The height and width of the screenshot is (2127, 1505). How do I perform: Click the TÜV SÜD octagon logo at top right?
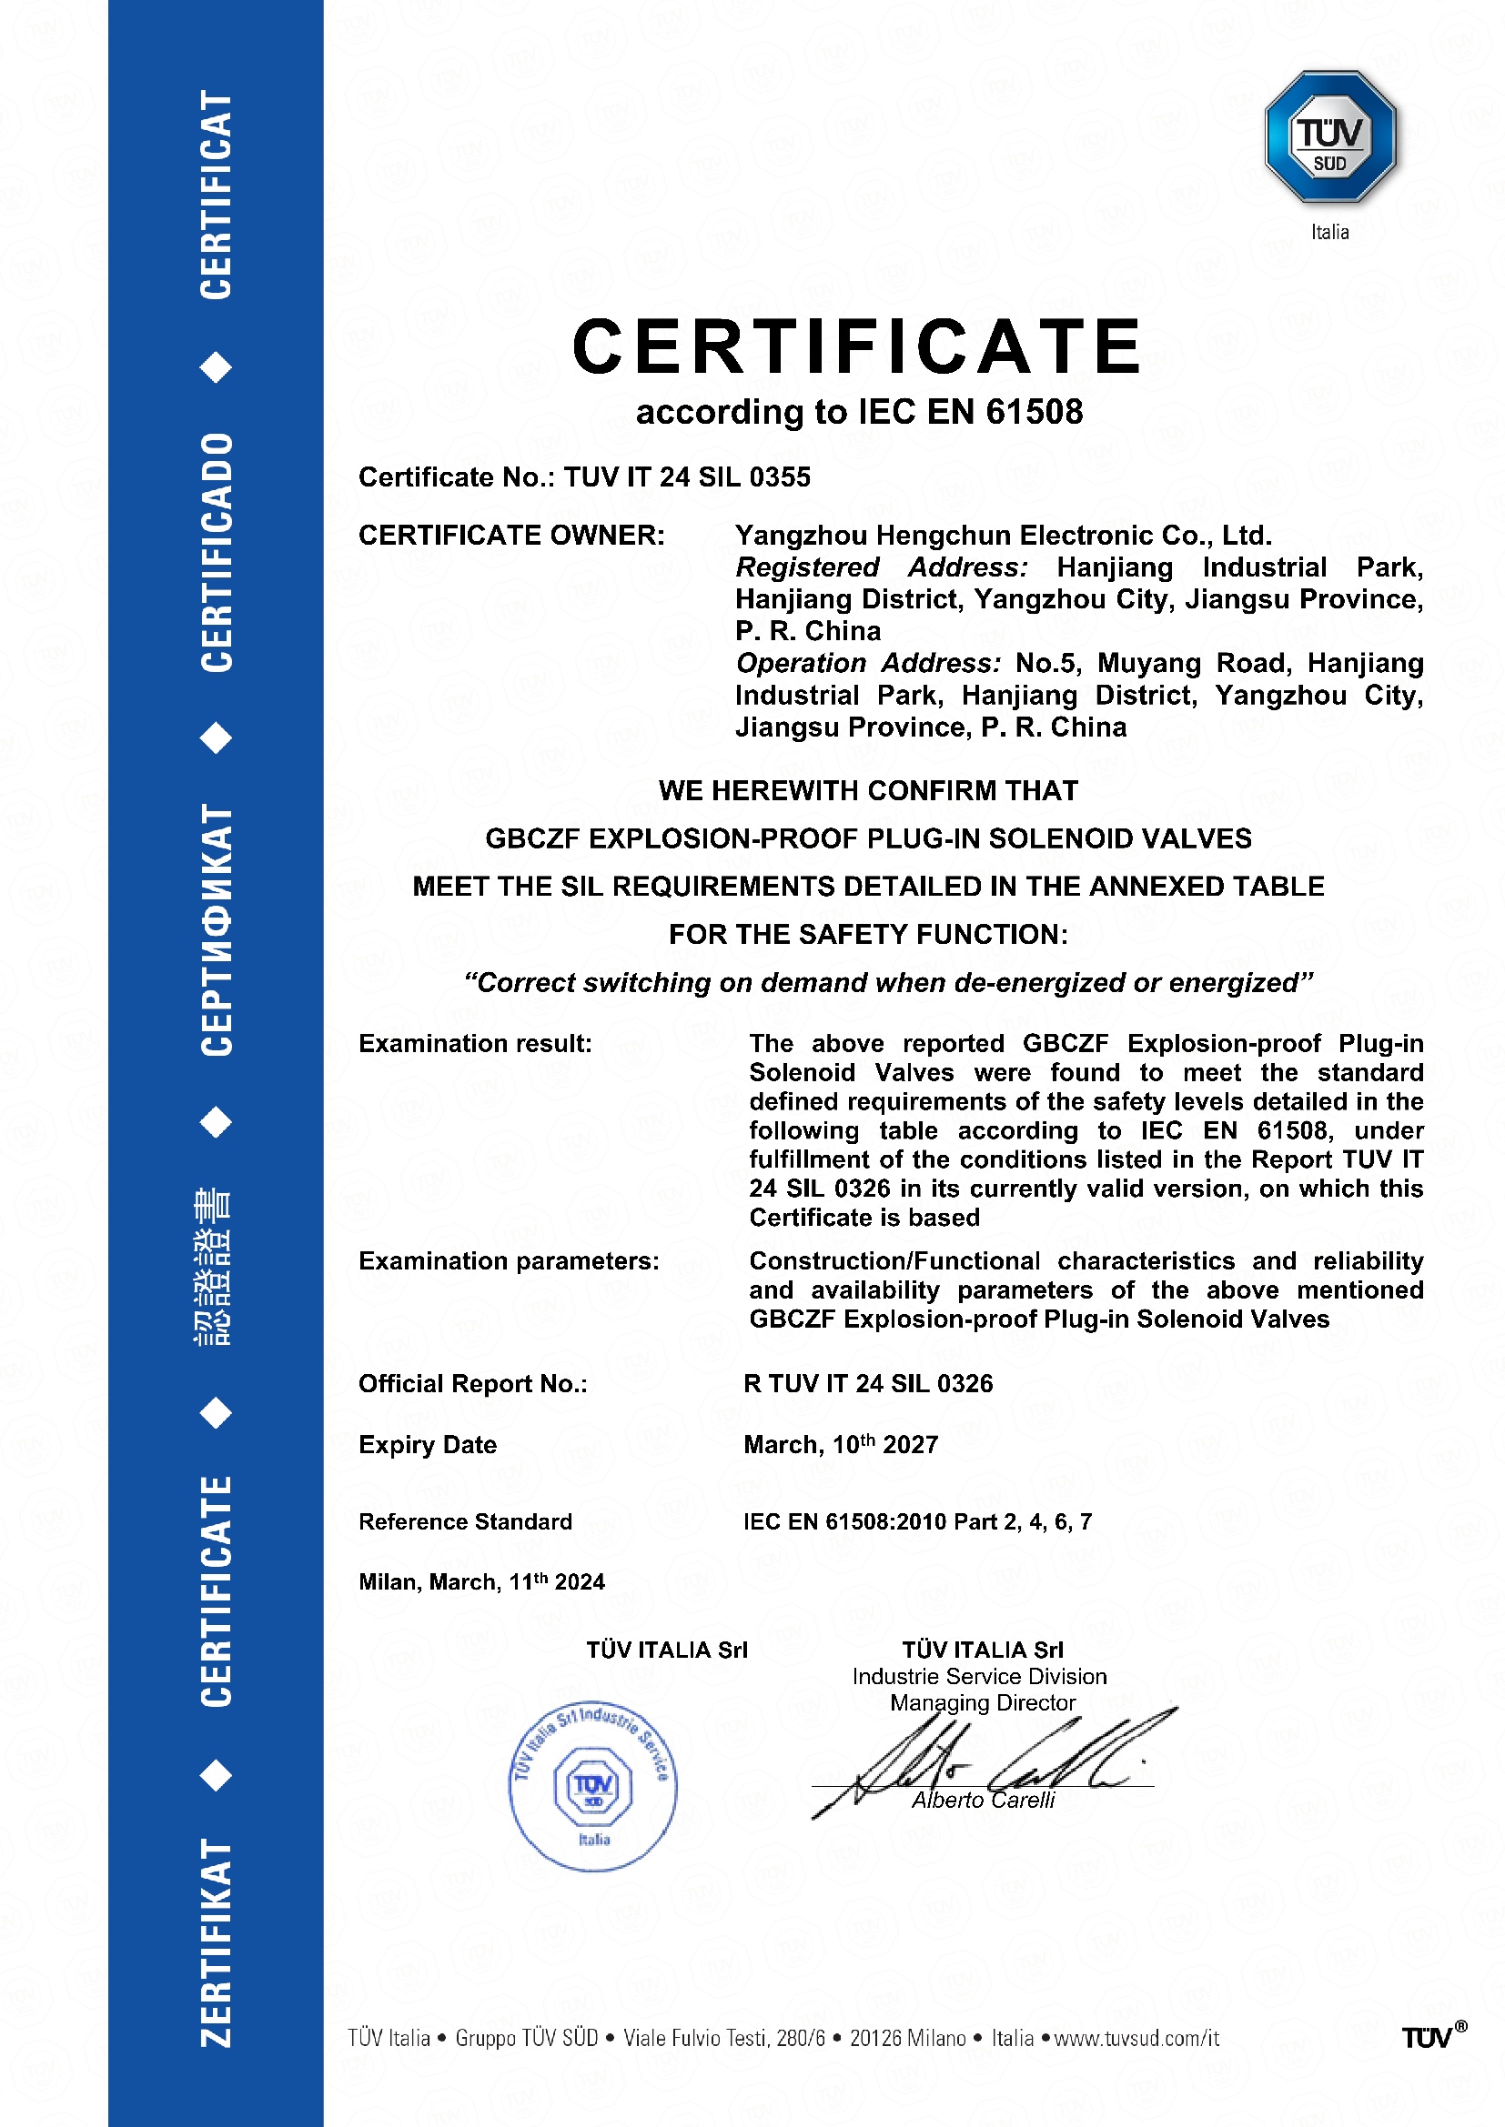1330,136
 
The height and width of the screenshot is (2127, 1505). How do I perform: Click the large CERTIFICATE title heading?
857,346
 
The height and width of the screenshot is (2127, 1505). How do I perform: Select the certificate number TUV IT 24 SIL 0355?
687,477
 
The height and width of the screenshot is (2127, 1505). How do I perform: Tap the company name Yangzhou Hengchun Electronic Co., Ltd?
1003,536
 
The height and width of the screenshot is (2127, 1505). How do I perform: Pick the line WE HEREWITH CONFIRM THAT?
868,790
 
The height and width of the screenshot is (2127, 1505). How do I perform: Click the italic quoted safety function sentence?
888,982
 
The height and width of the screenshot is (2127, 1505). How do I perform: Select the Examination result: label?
474,1043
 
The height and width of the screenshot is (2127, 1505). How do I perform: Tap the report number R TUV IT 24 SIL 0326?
867,1383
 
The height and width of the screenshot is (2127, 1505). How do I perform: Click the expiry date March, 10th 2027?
841,1444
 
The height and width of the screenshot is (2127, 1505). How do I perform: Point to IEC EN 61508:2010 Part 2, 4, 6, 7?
917,1521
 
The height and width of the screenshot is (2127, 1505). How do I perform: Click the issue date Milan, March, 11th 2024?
481,1581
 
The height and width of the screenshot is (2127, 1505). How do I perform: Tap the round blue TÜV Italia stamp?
593,1786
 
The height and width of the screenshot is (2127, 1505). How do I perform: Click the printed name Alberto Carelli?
984,1800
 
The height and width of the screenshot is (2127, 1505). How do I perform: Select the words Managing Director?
983,1702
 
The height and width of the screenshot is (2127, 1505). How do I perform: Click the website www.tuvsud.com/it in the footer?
1136,2038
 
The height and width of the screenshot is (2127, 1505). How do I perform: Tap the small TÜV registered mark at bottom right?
1433,2037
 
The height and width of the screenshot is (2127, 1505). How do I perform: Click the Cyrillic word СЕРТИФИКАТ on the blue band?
217,929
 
